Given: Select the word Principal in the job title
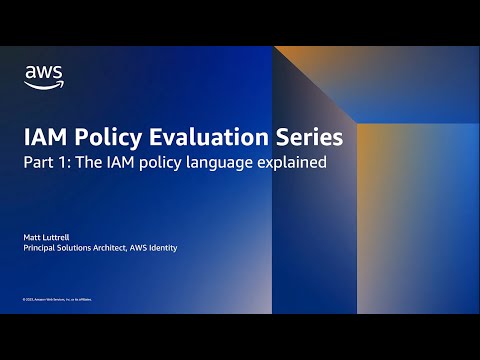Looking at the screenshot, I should tap(41, 247).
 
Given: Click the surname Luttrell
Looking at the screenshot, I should tap(58, 236).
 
